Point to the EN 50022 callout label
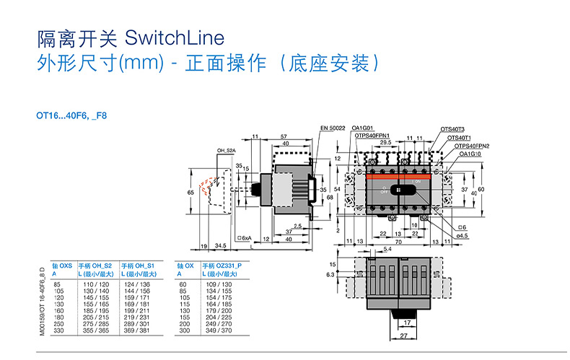coord(332,128)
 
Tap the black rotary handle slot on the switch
coord(400,190)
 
